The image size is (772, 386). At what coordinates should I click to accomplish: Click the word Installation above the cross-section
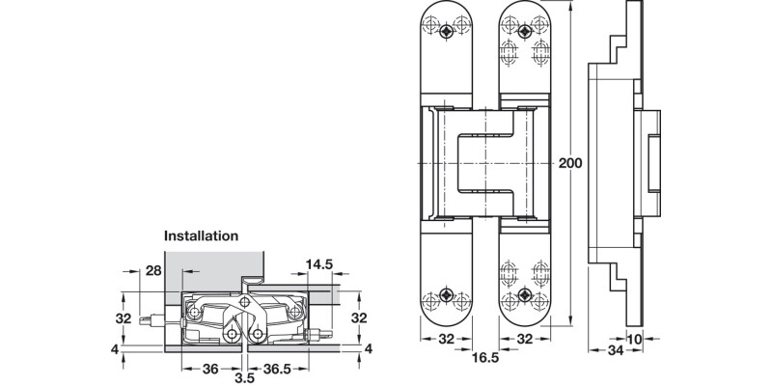[201, 234]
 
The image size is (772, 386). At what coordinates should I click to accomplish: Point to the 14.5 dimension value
[319, 263]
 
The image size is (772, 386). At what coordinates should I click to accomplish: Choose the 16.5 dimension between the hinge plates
[484, 358]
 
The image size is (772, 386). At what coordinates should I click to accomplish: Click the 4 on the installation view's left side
[115, 348]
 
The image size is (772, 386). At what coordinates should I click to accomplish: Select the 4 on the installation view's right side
[368, 348]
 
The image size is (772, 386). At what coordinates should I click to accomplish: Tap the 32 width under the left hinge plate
[445, 340]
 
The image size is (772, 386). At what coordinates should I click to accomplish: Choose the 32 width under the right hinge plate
[523, 340]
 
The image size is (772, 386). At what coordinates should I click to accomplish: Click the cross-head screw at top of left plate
[447, 32]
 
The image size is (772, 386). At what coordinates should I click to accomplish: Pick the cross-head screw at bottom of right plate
[524, 294]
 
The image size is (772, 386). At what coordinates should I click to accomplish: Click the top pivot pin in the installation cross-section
[246, 303]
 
